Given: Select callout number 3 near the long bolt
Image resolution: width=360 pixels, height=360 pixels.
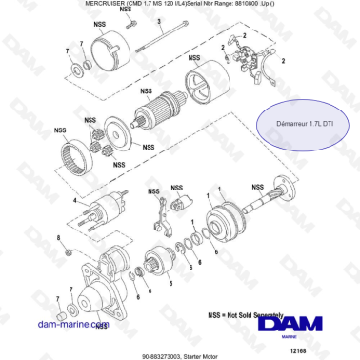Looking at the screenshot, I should [x=162, y=32].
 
